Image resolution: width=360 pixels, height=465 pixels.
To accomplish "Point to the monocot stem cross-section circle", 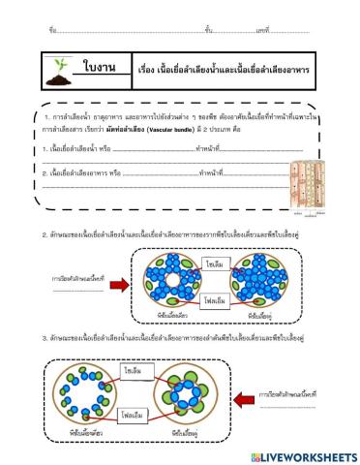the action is (80, 398).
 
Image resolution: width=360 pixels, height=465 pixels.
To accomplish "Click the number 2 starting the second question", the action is (44, 235).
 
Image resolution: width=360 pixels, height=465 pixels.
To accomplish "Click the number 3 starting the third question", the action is (44, 338).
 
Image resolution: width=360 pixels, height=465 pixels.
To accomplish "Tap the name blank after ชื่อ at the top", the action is (116, 32).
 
